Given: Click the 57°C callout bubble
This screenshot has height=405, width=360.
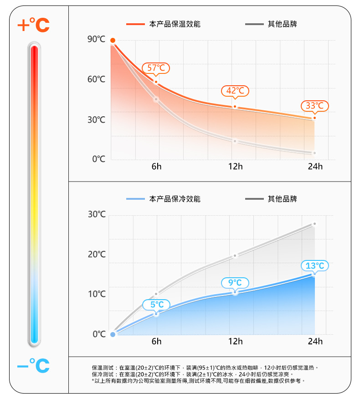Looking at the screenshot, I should pos(156,68).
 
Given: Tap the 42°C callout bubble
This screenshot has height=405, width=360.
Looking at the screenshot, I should pos(235,91).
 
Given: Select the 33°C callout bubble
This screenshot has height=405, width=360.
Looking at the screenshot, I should pos(314,106).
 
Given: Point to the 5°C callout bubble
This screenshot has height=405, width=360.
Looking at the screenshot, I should pos(156,304).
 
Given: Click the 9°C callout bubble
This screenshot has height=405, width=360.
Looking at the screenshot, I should pos(235,283).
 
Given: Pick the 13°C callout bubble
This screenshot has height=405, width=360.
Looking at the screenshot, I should pos(314,265).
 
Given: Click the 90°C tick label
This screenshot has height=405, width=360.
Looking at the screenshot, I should pos(97,40).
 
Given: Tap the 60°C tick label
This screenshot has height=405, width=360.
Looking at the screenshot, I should pos(97,80).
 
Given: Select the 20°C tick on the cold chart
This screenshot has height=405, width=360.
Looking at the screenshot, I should pos(97,254).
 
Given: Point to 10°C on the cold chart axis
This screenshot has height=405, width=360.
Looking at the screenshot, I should pos(97,294).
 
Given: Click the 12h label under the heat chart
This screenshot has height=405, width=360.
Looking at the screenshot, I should pos(236,166).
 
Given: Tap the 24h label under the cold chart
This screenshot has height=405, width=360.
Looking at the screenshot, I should pos(315,342).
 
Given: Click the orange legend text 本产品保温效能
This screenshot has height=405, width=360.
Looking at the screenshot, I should pos(175,24).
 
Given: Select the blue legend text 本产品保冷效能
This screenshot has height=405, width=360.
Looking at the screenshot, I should pos(175,199).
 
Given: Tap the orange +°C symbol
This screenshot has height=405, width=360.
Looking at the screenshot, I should pos(33,25).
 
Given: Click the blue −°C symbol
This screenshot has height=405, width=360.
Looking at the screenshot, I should pos(33,365).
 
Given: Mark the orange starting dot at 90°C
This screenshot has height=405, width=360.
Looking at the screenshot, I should pos(113,41).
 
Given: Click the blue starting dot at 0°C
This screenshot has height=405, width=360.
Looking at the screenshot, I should pos(113,334).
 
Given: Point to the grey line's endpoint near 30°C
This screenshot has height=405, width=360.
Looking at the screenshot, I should pos(314,224).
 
